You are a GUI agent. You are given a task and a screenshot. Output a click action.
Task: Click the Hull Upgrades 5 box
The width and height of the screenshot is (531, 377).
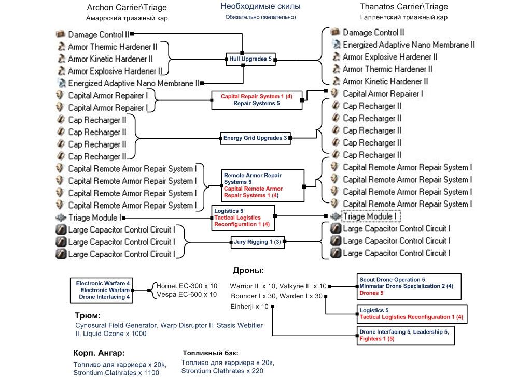[250, 60]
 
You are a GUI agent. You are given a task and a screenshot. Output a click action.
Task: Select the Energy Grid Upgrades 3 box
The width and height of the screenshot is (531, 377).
[255, 138]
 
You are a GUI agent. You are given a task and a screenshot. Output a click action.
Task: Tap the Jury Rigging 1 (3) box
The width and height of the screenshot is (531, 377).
[256, 241]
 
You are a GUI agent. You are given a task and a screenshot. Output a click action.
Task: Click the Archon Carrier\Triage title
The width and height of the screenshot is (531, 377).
[127, 7]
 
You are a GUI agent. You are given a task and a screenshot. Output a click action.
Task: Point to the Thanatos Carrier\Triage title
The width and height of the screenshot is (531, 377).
[403, 7]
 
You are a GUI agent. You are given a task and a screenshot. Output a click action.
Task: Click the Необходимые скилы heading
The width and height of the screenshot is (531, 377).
[260, 7]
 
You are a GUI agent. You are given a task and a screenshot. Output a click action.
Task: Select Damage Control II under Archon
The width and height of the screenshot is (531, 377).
[99, 35]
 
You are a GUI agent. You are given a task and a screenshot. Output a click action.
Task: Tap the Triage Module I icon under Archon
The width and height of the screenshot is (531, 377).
[61, 218]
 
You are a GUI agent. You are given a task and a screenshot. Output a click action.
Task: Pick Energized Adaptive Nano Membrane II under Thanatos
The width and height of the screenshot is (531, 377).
[409, 45]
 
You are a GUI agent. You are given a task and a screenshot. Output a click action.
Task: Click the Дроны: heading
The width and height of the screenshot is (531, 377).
[249, 271]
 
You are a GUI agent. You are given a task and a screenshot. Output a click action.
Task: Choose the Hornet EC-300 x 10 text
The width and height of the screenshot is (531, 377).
[187, 286]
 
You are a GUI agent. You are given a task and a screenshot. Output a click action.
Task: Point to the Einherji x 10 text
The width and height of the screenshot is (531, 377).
[250, 306]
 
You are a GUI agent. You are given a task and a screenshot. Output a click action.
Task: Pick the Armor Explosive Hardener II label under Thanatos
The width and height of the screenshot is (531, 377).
[390, 57]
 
